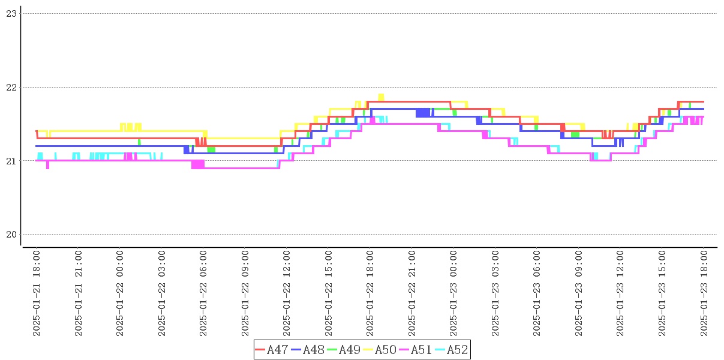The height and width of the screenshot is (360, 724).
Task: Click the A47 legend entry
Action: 272,350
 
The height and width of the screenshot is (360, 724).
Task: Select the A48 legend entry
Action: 308,350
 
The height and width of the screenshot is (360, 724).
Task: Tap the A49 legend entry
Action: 344,350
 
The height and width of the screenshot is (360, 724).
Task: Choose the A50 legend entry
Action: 380,350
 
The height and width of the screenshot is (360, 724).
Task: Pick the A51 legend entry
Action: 416,350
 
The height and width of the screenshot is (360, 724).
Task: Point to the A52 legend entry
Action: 451,350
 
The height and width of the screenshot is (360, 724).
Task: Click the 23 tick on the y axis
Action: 11,13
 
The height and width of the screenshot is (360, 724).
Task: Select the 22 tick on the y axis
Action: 11,87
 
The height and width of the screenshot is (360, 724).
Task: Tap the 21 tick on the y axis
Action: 11,161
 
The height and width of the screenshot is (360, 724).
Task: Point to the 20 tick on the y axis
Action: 11,234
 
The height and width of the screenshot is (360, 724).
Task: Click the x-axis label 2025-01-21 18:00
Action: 37,293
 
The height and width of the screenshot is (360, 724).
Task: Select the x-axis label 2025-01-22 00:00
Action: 120,293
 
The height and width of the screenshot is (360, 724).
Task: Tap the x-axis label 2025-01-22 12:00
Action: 287,293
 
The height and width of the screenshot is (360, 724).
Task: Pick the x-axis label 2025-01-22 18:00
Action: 371,293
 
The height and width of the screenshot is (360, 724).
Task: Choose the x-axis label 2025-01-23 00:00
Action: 454,293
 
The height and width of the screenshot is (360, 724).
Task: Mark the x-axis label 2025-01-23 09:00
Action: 579,293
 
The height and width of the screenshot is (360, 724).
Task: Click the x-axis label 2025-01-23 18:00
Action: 705,293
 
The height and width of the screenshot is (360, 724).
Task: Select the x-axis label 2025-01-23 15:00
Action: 663,293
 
